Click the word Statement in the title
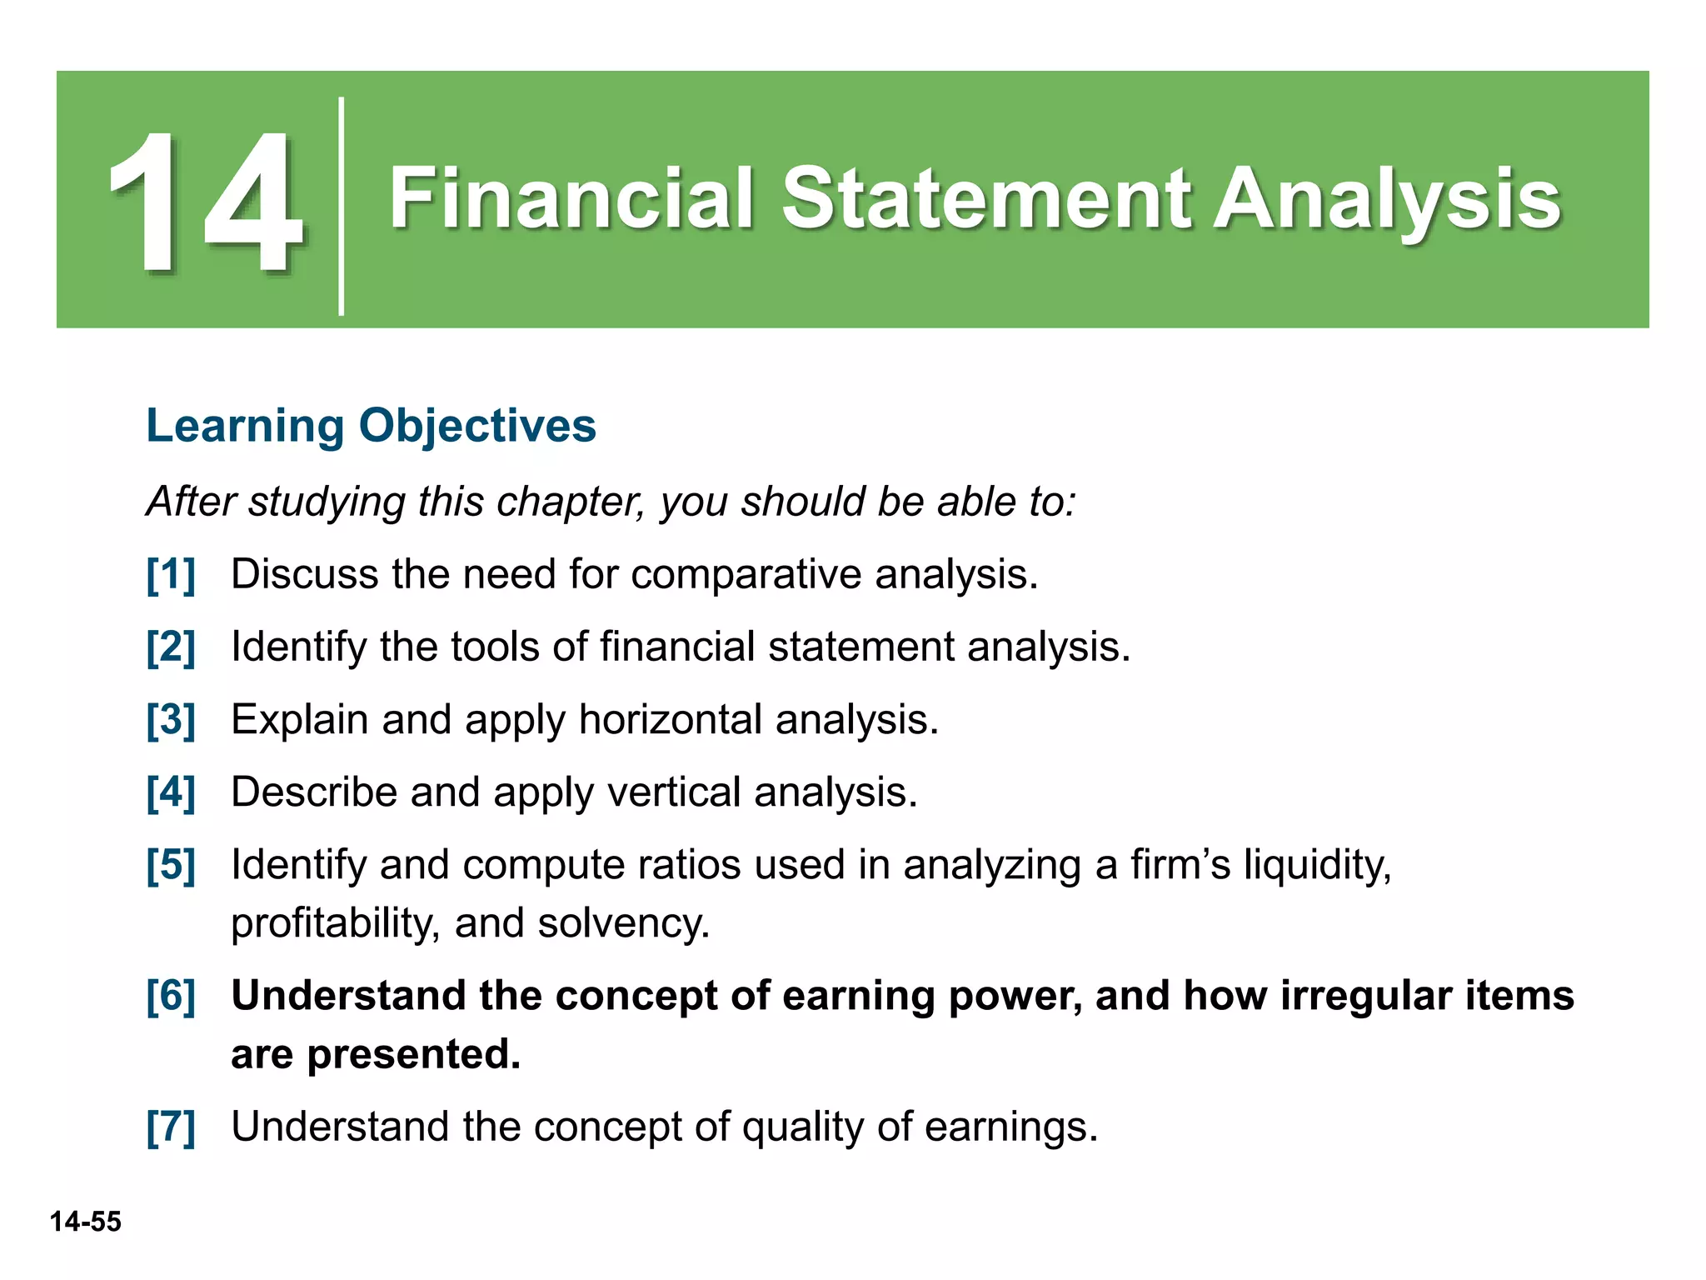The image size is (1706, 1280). (x=986, y=198)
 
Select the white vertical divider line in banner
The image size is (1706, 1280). (x=342, y=206)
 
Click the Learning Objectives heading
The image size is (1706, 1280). (x=371, y=425)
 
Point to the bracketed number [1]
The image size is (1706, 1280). (x=171, y=574)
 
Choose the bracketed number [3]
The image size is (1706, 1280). (x=171, y=719)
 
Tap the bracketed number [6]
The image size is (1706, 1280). (x=171, y=996)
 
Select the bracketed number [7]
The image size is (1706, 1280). (x=171, y=1127)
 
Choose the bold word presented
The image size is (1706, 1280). (x=413, y=1055)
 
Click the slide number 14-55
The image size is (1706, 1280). (x=85, y=1222)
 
